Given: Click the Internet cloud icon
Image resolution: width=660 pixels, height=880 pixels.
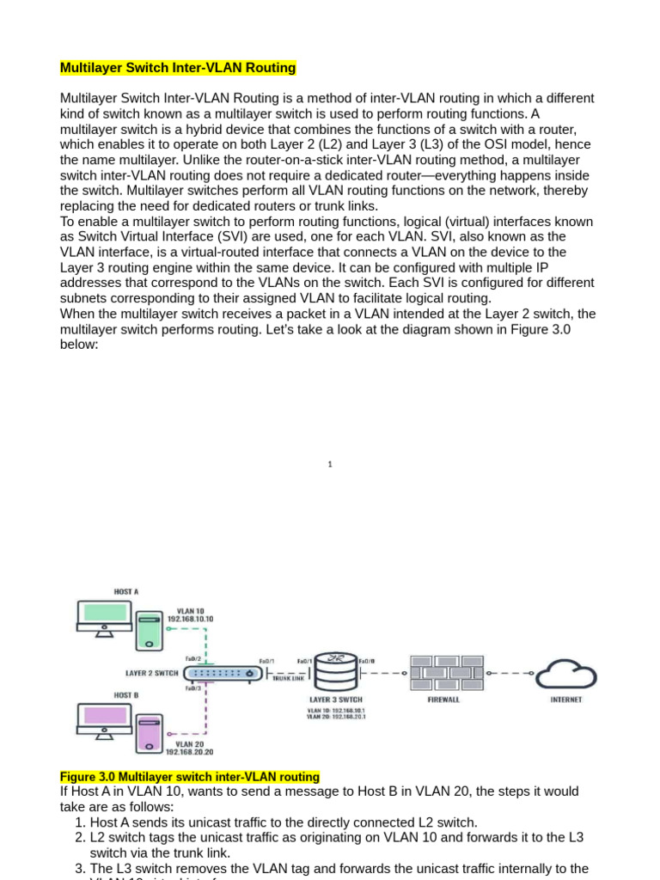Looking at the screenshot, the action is [x=566, y=673].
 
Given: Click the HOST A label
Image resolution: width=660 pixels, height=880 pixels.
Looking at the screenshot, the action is [x=126, y=591].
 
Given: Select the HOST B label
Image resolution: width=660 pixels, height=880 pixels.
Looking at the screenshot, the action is [x=126, y=694].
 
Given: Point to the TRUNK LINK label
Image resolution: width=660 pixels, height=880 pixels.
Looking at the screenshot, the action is [x=288, y=678].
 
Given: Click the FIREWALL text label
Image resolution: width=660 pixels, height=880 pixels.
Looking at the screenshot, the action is [x=443, y=700].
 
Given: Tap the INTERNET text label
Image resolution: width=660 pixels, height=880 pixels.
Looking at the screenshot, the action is [x=566, y=700].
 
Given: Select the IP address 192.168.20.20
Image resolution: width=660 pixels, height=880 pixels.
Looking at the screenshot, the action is [x=189, y=751].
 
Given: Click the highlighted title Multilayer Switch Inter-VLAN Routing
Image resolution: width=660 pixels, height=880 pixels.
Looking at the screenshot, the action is [x=178, y=68].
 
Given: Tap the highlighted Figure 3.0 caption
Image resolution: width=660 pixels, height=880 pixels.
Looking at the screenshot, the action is [x=189, y=777].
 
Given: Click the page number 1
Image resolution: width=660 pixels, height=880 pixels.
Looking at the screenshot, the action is [x=330, y=465].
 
